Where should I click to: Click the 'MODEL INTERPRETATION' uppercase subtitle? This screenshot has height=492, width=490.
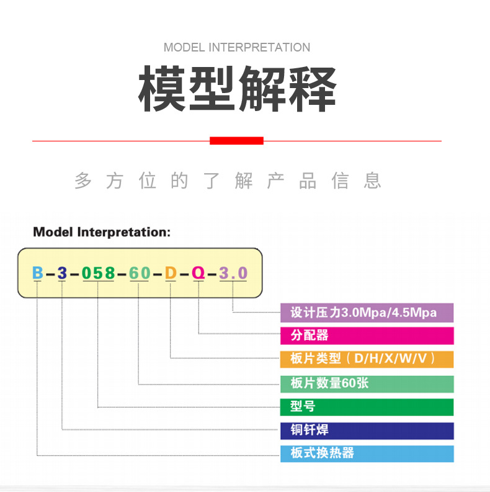(x=237, y=48)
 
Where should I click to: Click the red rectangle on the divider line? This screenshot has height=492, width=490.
(x=236, y=141)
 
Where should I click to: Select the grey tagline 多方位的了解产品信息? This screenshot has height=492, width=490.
(x=228, y=181)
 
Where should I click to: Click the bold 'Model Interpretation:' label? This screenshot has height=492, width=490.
(x=101, y=232)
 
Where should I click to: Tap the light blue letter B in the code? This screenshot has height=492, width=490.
(x=38, y=272)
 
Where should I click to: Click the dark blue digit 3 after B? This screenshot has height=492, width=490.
(x=62, y=272)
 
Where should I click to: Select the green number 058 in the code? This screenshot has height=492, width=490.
(x=98, y=272)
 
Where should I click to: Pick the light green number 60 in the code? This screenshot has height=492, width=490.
(x=140, y=272)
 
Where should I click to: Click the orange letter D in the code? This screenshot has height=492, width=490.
(x=171, y=272)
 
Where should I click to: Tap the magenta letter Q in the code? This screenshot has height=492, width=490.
(x=198, y=272)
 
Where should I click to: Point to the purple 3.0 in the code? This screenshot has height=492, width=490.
(x=233, y=272)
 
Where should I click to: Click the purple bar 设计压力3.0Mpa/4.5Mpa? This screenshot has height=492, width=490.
(x=367, y=313)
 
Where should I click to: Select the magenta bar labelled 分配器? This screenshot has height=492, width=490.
(x=367, y=336)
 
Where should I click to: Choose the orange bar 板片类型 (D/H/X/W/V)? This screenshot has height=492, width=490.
(x=367, y=359)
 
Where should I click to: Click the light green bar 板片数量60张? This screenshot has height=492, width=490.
(x=367, y=383)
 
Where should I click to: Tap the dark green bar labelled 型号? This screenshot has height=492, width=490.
(x=367, y=407)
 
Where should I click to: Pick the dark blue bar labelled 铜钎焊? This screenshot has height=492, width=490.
(x=367, y=431)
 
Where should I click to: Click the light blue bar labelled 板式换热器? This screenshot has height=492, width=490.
(x=367, y=454)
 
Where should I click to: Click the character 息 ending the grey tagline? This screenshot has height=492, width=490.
(x=372, y=181)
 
